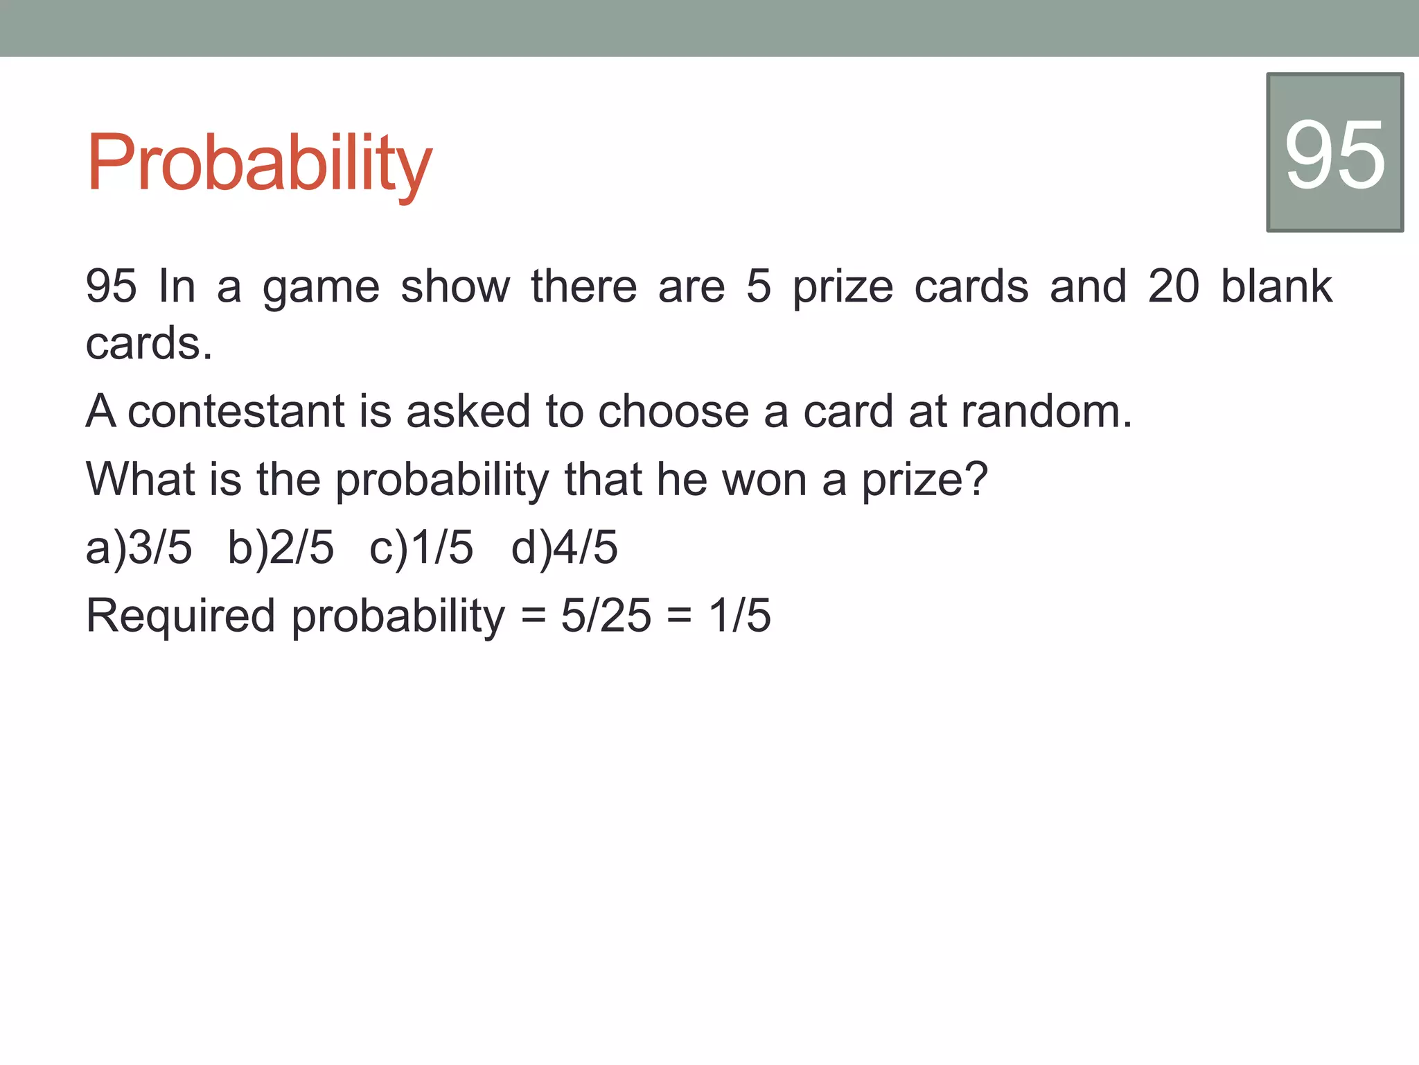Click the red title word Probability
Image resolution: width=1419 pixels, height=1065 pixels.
[258, 164]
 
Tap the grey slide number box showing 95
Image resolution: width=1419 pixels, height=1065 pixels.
[1334, 153]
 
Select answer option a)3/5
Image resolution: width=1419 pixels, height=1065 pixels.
[139, 547]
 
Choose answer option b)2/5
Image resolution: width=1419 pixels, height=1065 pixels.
[281, 547]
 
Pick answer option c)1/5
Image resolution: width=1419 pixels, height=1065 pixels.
[421, 547]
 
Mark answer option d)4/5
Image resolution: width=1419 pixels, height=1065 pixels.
[564, 547]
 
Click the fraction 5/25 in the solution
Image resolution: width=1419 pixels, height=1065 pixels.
[606, 615]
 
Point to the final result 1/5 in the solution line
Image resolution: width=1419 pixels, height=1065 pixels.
[739, 615]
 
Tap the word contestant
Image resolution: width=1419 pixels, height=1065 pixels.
[236, 411]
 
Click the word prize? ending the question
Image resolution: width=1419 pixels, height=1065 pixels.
[924, 480]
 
